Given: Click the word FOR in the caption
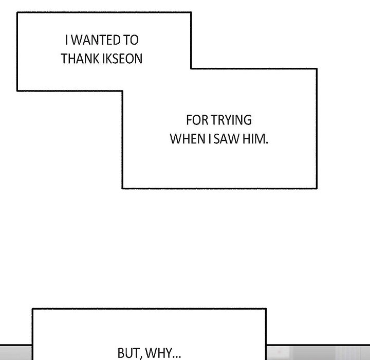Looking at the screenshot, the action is pyautogui.click(x=197, y=120).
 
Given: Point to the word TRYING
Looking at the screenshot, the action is pyautogui.click(x=231, y=120).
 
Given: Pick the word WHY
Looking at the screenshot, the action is pyautogui.click(x=159, y=353).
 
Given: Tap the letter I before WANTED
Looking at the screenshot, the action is pyautogui.click(x=66, y=40).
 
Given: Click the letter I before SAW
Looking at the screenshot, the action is pyautogui.click(x=210, y=139).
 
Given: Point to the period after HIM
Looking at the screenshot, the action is pyautogui.click(x=267, y=142).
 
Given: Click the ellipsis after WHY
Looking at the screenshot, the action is pyautogui.click(x=176, y=357).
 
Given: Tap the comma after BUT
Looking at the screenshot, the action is pyautogui.click(x=141, y=357).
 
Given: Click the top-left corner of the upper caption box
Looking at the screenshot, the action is pyautogui.click(x=17, y=12).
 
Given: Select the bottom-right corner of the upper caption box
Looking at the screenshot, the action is pyautogui.click(x=317, y=188).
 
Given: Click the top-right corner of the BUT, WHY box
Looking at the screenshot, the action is pyautogui.click(x=266, y=309).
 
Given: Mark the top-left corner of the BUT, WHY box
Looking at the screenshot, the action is pyautogui.click(x=32, y=309).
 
